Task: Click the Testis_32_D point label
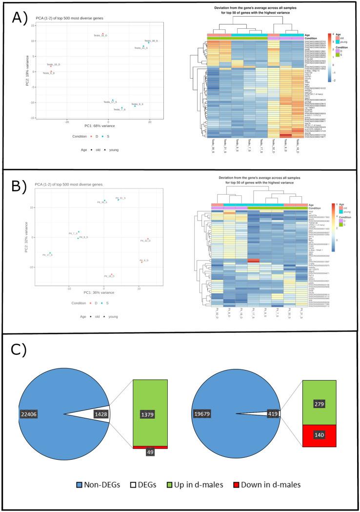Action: click(101, 36)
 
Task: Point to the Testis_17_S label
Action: click(111, 102)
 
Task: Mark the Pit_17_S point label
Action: click(47, 255)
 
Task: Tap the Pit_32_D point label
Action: click(145, 241)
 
